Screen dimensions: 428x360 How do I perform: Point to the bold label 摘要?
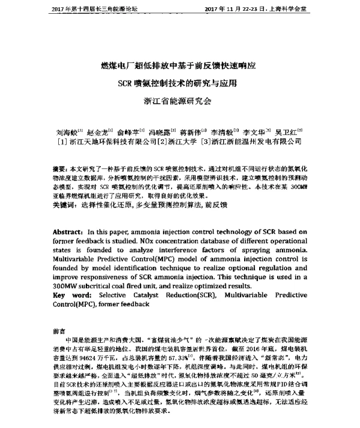tap(59, 171)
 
